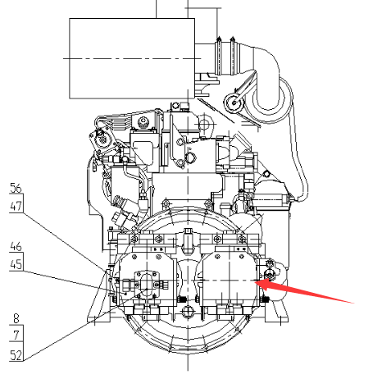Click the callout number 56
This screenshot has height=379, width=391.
click(16, 188)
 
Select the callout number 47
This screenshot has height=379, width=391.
click(16, 206)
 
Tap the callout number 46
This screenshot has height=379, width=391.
click(16, 246)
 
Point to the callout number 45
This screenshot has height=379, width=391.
click(16, 264)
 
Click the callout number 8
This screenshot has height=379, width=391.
click(16, 318)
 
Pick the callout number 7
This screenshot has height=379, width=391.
click(16, 335)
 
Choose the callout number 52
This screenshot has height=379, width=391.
click(16, 355)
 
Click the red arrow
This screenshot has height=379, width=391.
click(304, 291)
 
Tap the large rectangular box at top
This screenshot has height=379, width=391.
click(132, 58)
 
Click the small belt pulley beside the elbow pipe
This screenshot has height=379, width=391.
click(234, 103)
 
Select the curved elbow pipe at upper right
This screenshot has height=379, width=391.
click(269, 82)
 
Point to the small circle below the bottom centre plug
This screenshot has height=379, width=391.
click(188, 311)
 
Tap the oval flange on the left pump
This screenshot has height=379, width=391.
click(147, 284)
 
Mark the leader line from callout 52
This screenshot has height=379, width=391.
click(85, 325)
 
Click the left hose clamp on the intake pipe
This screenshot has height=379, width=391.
click(219, 56)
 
